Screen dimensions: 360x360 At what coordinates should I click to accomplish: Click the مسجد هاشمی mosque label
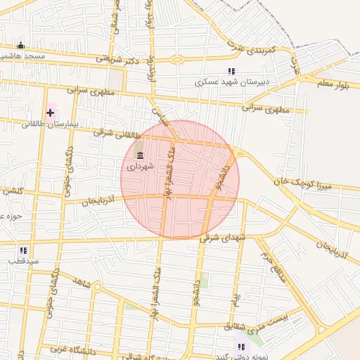[x=24, y=56]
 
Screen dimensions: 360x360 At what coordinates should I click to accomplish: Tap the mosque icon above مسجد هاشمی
[x=20, y=45]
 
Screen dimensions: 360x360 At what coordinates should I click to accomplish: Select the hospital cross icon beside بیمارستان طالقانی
[x=50, y=112]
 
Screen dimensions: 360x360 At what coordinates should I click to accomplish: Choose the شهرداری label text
[x=138, y=167]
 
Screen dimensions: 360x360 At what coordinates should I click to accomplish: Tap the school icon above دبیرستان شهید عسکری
[x=231, y=71]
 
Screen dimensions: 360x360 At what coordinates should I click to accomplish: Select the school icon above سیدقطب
[x=23, y=250]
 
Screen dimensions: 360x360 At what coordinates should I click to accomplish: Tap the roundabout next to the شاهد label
[x=96, y=287]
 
